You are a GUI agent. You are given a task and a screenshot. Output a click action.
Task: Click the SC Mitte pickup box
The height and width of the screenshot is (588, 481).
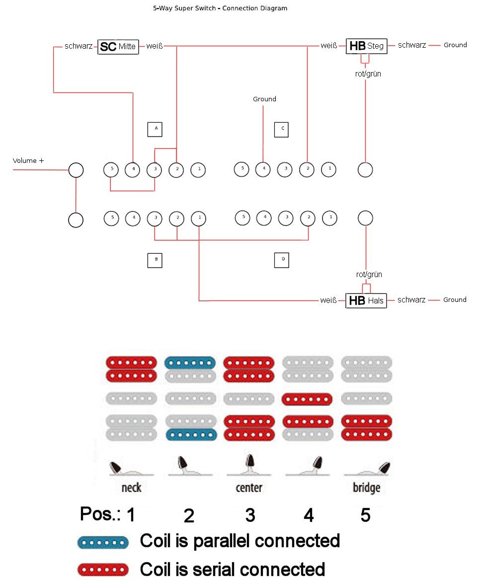(x=118, y=47)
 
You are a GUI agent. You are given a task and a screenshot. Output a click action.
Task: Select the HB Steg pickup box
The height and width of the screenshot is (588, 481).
(x=366, y=46)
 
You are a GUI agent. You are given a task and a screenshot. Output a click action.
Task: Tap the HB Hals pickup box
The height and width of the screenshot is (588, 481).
(x=366, y=300)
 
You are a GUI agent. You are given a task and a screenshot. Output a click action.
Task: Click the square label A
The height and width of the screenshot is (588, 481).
(x=156, y=129)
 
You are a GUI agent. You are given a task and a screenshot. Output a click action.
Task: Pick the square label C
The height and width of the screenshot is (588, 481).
(x=282, y=129)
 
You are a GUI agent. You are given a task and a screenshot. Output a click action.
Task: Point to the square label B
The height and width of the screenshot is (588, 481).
(x=156, y=260)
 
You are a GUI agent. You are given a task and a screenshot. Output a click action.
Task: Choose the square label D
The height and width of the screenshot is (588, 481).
(x=282, y=260)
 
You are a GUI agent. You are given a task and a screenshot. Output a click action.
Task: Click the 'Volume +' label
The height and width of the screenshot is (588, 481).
(x=28, y=161)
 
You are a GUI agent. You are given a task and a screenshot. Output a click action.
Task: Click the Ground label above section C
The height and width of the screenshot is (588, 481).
(x=264, y=99)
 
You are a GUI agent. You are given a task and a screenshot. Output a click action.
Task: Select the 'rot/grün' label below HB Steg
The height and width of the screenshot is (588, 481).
(x=369, y=73)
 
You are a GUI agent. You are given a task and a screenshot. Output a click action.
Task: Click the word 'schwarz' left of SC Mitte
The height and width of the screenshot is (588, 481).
(x=79, y=46)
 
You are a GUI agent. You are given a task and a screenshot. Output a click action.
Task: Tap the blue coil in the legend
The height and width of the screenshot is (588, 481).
(x=103, y=542)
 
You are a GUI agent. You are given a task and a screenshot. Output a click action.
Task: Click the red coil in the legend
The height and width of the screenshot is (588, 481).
(x=103, y=570)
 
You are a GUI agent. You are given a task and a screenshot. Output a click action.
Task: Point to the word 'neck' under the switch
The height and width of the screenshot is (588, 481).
(x=131, y=487)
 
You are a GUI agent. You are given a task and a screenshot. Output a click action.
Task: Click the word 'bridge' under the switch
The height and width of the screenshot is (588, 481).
(x=367, y=487)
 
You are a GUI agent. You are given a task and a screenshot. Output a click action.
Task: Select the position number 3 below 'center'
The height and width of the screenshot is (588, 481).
(x=250, y=515)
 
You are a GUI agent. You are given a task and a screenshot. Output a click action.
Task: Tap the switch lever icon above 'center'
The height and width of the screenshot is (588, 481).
(x=250, y=465)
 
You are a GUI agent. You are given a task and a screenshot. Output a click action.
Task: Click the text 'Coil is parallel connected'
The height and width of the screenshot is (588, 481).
(x=240, y=541)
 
